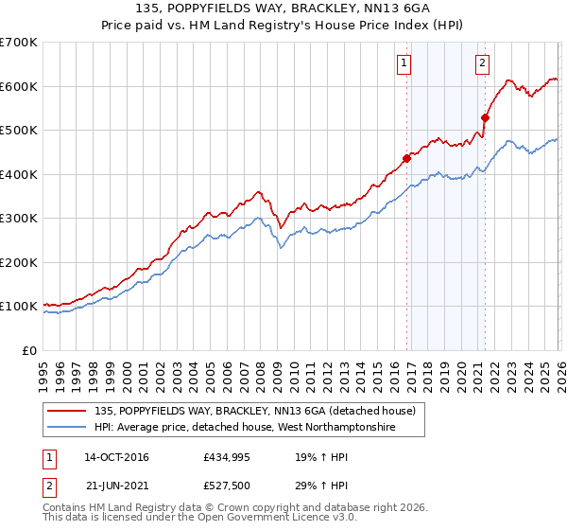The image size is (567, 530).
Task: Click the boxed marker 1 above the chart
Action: [404, 63]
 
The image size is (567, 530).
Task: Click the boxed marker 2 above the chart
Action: [482, 63]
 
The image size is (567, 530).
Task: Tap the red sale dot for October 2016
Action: [407, 158]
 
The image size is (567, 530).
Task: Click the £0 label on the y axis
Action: [28, 350]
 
